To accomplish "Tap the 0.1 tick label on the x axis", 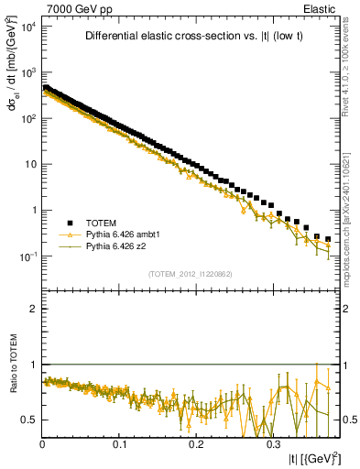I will (119, 445).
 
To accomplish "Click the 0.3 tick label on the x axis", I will (272, 445).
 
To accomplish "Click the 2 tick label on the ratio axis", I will (34, 310).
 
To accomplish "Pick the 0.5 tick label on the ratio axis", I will (29, 420).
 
